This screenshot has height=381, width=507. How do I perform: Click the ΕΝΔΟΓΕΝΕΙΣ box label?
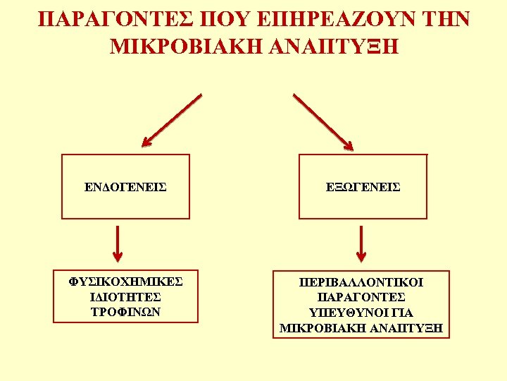tap(125, 187)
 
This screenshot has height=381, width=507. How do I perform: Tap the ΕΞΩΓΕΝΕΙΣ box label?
tap(363, 187)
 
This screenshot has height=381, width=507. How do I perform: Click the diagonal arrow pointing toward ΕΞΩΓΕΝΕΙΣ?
tap(323, 121)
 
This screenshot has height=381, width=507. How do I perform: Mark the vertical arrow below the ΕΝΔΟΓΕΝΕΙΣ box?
tap(118, 243)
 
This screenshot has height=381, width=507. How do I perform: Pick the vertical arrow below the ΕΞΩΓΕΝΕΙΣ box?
tap(361, 243)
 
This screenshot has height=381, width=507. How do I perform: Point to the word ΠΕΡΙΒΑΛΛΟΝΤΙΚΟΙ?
tap(361, 282)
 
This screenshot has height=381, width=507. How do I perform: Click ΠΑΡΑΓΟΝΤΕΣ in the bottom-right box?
tap(361, 297)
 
